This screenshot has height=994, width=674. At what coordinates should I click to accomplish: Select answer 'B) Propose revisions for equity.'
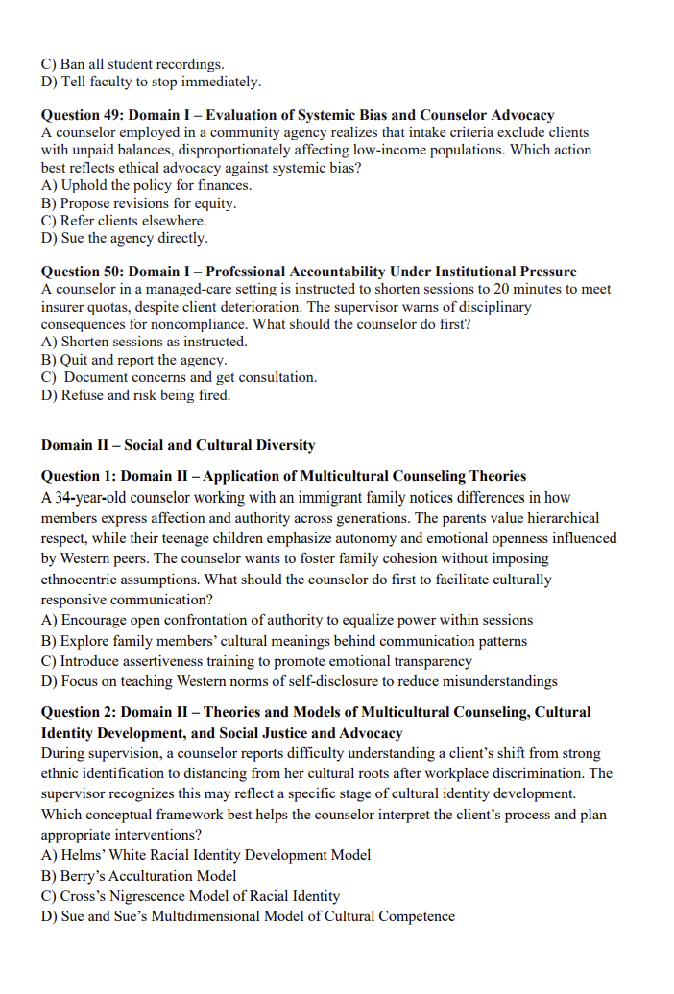[x=138, y=203]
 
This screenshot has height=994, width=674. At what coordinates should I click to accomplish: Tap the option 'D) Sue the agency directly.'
[x=124, y=238]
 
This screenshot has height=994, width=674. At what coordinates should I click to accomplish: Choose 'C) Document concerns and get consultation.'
[x=180, y=377]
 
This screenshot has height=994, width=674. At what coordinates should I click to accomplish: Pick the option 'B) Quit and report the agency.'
[x=134, y=360]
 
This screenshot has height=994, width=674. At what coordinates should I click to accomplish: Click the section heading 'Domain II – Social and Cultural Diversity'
[x=178, y=445]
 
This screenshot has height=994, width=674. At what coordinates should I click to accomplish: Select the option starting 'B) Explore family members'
[x=283, y=640]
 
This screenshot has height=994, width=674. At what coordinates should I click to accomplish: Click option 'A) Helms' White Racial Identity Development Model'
[x=205, y=854]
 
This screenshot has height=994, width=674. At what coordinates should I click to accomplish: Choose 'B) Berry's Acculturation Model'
[x=138, y=875]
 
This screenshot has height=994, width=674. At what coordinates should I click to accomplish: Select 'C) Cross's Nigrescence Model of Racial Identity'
[x=190, y=896]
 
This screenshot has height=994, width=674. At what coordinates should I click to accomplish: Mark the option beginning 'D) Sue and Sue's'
[x=248, y=916]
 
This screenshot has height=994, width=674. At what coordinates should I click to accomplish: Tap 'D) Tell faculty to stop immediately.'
[x=151, y=82]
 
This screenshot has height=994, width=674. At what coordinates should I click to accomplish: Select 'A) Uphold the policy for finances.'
[x=146, y=185]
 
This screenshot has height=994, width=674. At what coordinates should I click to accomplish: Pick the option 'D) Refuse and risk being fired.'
[x=135, y=394]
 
